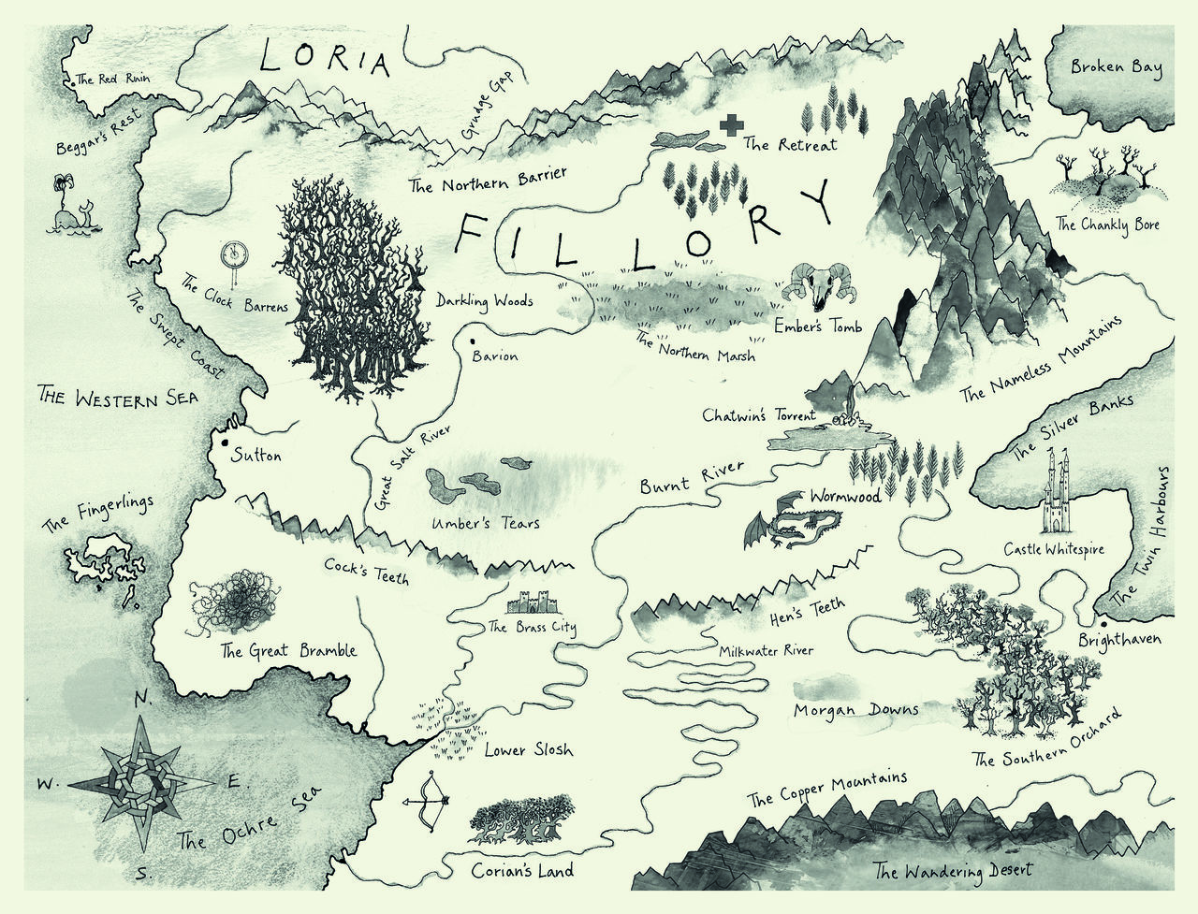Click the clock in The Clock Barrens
click(233, 254)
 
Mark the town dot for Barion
click(474, 342)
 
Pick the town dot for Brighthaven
click(1104, 623)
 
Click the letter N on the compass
click(142, 699)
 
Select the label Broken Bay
click(1116, 68)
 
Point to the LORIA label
click(323, 60)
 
